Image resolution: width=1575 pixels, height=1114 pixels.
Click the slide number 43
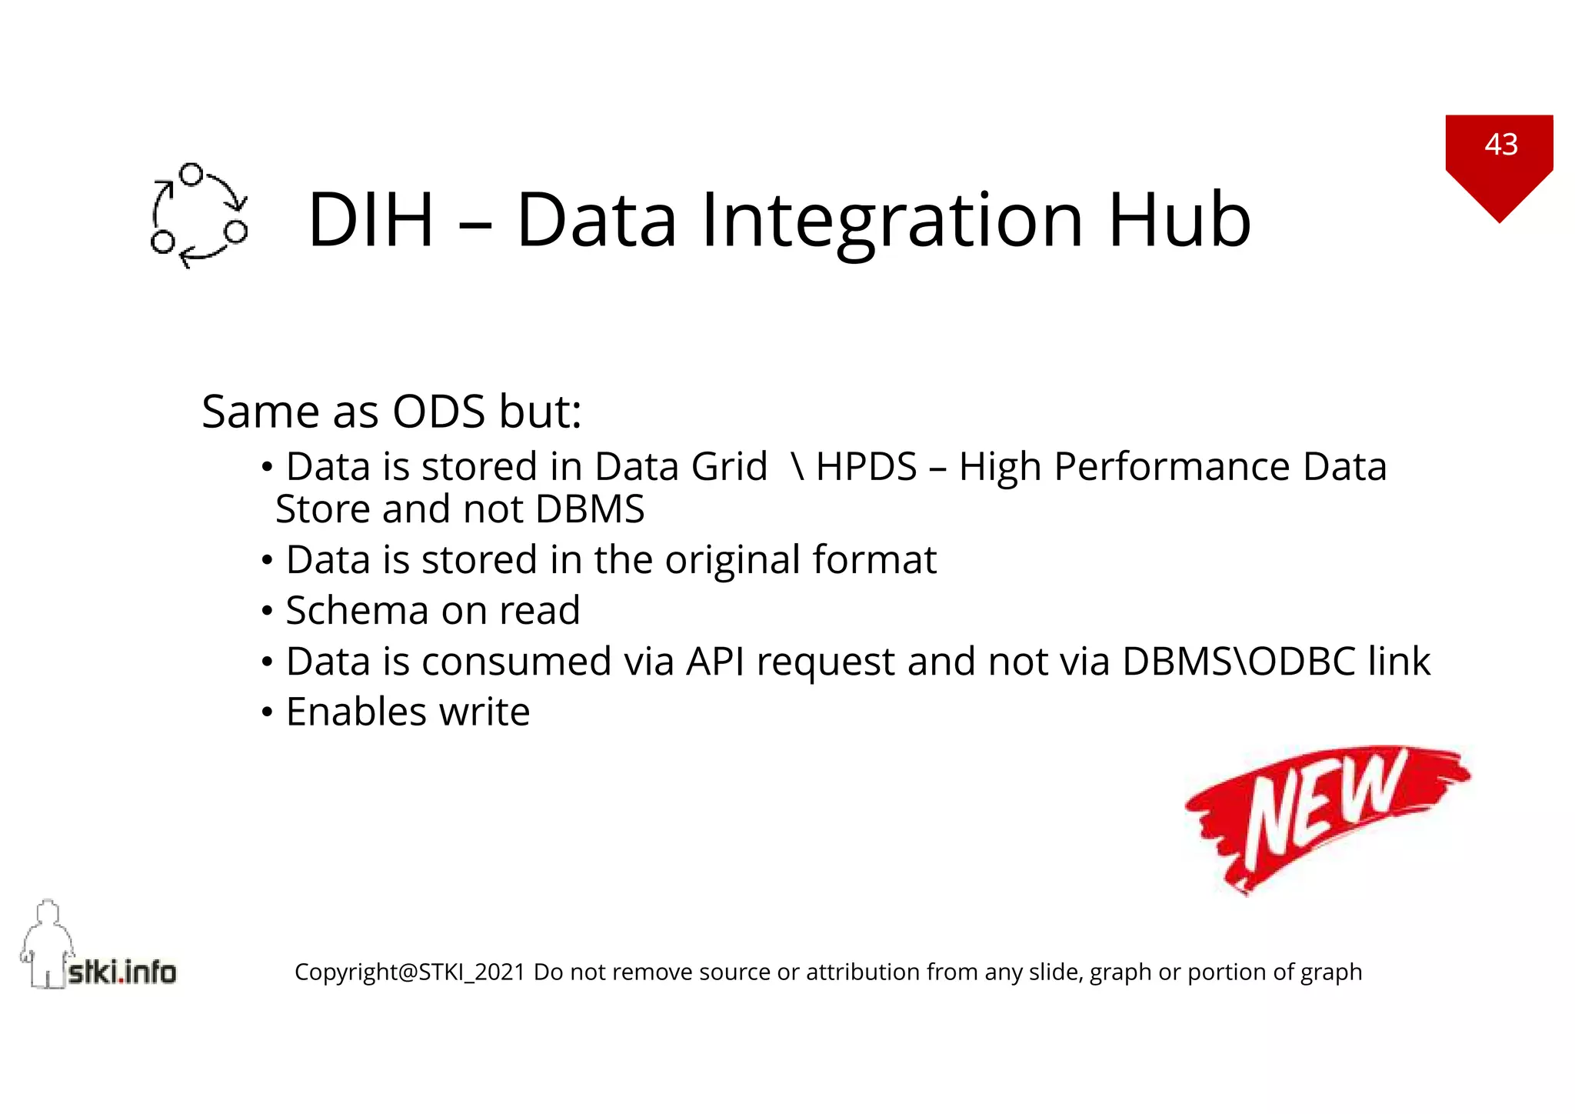click(x=1500, y=145)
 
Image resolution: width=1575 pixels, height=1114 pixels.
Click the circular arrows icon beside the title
click(x=199, y=216)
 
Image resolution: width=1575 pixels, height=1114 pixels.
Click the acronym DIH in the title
click(x=371, y=221)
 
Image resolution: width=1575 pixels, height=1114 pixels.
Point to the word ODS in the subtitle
click(x=438, y=412)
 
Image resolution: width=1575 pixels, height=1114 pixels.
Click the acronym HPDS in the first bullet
click(x=866, y=467)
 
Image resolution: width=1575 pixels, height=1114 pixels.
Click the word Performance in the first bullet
click(x=1171, y=467)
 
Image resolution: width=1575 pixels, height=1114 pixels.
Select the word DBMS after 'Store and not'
click(x=590, y=509)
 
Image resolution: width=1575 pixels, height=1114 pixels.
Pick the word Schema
click(x=357, y=611)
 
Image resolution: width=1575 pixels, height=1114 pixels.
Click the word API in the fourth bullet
click(x=714, y=662)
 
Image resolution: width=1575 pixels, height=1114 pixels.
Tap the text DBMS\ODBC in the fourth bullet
click(x=1238, y=662)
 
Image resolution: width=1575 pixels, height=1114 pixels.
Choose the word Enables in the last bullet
click(x=356, y=712)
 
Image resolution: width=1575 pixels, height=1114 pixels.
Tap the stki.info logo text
click(x=122, y=972)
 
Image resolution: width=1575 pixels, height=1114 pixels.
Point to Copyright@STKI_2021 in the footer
click(x=409, y=972)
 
